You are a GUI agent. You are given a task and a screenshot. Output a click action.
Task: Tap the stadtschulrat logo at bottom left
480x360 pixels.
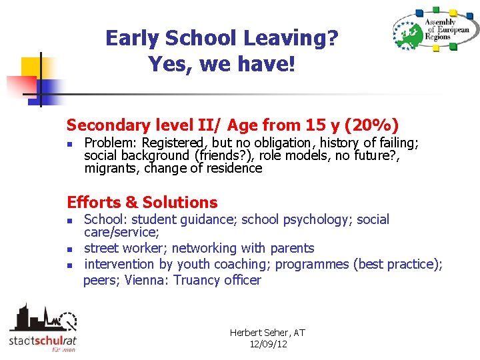point(42,328)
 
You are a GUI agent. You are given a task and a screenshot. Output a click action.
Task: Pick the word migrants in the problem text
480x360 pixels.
point(108,168)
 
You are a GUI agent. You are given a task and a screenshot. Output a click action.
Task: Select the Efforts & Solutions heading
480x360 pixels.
point(142,203)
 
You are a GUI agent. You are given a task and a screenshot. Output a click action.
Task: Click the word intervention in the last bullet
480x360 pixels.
point(120,264)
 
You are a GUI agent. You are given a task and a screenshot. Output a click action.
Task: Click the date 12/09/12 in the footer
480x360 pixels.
point(267,344)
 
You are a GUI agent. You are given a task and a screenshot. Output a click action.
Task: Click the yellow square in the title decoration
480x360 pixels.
point(31,66)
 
